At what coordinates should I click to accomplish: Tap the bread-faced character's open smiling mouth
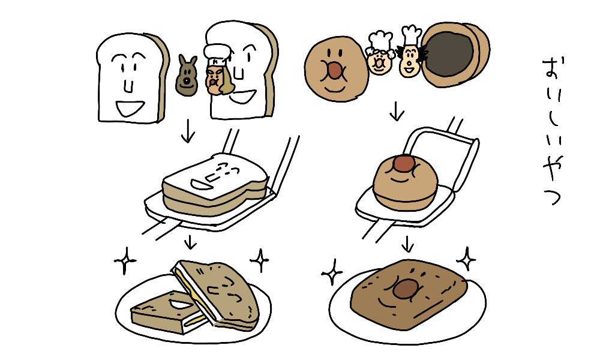click(x=128, y=109)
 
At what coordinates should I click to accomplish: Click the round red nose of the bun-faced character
click(x=335, y=71)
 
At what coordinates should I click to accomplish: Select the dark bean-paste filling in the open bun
click(x=448, y=55)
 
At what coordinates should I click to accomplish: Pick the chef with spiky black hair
click(x=411, y=58)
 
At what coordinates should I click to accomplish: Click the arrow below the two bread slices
click(x=188, y=133)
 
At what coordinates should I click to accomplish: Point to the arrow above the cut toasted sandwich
click(x=190, y=242)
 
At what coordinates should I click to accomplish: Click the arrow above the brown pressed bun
click(x=408, y=244)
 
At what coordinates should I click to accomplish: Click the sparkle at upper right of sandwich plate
click(x=260, y=260)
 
